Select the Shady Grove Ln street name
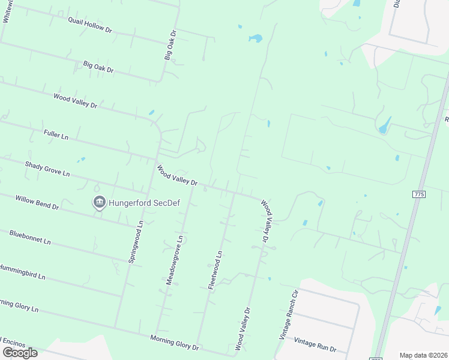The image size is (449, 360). point(47,169)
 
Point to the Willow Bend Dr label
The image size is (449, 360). point(37,202)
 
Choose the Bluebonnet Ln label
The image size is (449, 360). point(30,237)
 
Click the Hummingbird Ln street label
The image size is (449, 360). point(22,272)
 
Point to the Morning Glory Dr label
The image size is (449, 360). point(174,343)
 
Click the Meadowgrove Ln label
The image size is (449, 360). point(174,260)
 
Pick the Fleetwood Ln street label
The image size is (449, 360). point(215,270)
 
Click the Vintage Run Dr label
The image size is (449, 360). point(315,344)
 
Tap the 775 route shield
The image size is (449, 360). point(419,194)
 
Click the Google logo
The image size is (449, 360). point(20,352)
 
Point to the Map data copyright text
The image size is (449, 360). point(423,355)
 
